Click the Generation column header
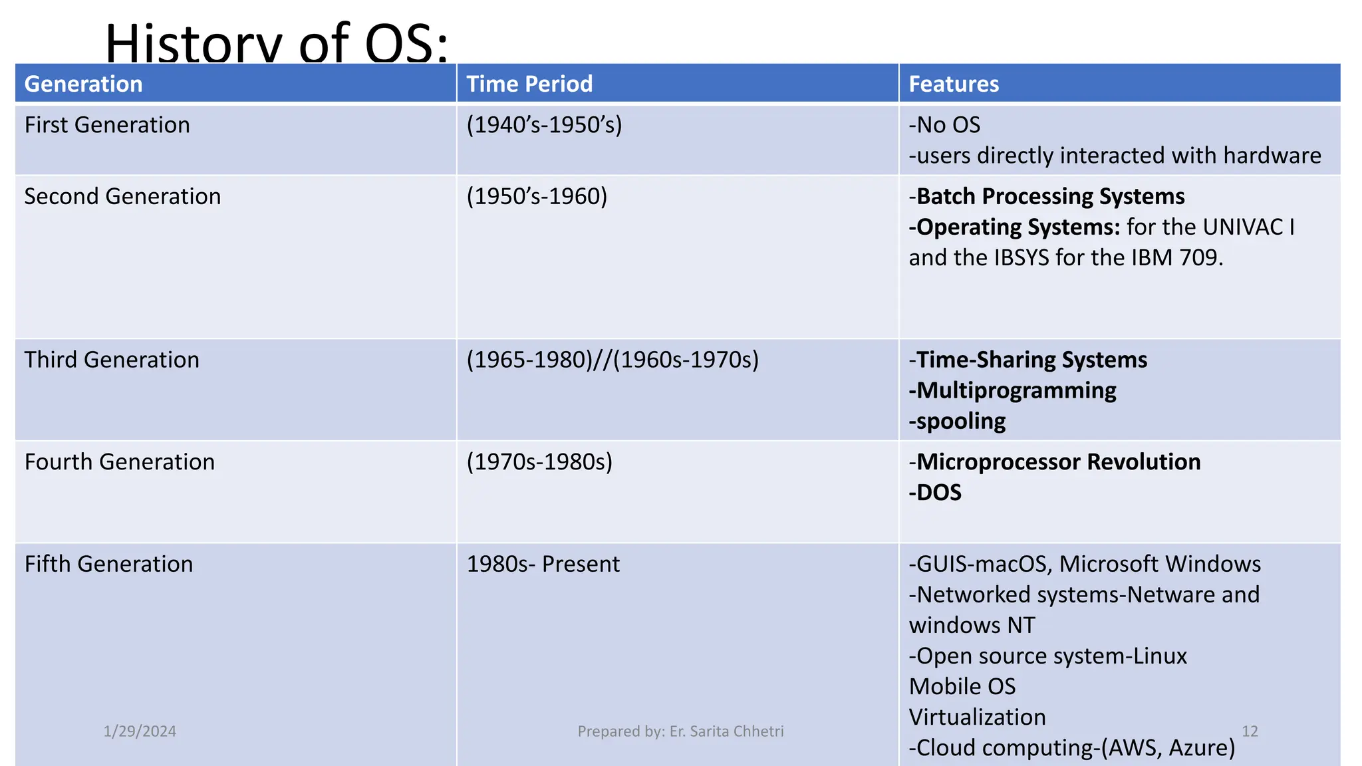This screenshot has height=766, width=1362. point(84,84)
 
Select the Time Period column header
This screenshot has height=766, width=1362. point(529,84)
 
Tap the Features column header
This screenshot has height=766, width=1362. point(954,84)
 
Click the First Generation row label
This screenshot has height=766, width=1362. point(107,125)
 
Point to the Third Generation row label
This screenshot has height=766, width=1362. point(112,360)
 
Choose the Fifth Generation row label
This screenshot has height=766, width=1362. point(108,564)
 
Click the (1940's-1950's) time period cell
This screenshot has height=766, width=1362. point(544,125)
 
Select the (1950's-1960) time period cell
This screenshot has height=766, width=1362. point(537,197)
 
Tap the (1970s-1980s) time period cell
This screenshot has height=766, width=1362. point(539,462)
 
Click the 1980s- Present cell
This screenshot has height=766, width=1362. point(543,564)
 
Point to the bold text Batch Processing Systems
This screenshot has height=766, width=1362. point(1050,197)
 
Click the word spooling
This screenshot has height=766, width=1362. point(960,422)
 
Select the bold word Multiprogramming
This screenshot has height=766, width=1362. point(1016,390)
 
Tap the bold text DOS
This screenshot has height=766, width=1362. point(938,493)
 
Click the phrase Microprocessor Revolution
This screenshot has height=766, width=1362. point(1058,462)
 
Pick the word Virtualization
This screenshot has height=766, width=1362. point(977,717)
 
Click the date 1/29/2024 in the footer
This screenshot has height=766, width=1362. point(140,731)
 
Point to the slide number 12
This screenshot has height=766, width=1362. point(1250,731)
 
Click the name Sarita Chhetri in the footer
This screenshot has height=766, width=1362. point(736,731)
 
